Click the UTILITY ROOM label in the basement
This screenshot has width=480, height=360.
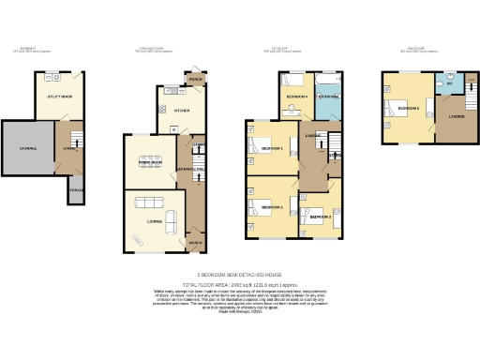(x=62, y=97)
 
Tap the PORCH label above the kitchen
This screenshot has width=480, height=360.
(x=197, y=78)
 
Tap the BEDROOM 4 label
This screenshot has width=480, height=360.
(x=298, y=97)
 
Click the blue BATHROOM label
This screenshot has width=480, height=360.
(x=329, y=97)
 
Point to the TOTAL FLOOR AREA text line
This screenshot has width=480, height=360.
(x=240, y=282)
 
